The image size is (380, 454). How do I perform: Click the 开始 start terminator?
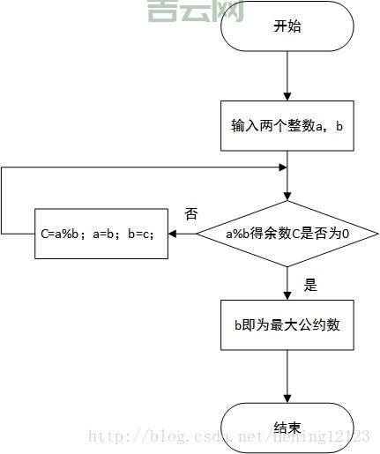[287, 26]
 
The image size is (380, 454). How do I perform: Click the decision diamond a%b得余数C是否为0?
[287, 234]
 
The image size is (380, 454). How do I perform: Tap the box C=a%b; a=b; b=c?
[101, 234]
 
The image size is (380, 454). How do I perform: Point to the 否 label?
[190, 214]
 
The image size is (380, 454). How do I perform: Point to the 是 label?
[309, 285]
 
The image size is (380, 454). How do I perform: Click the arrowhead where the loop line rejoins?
[282, 167]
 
